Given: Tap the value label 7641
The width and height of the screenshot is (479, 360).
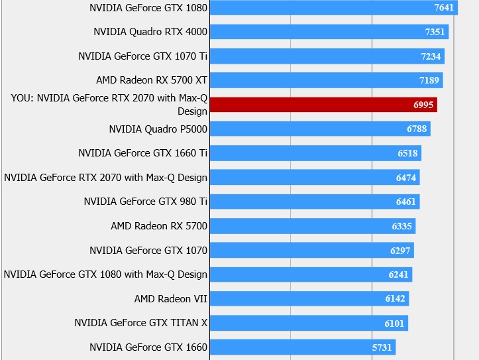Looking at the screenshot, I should click(444, 8).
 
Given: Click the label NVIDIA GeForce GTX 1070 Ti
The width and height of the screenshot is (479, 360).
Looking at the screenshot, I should click(142, 56).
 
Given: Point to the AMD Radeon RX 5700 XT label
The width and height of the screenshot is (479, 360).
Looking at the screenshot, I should click(152, 80).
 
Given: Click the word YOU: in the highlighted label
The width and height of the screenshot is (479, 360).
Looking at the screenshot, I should click(23, 98).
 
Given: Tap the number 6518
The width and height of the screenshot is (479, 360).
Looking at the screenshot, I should click(407, 153).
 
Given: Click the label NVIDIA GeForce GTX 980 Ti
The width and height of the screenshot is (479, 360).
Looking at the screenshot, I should click(146, 202).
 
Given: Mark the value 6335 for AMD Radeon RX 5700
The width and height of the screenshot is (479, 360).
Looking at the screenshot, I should click(401, 226).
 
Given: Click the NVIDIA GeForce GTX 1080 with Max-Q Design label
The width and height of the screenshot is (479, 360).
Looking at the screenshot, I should click(105, 274).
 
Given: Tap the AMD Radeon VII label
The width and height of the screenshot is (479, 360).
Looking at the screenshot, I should click(171, 299).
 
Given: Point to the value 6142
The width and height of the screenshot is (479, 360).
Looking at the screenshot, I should click(395, 299).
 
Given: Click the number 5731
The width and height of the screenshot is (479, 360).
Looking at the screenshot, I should click(382, 347).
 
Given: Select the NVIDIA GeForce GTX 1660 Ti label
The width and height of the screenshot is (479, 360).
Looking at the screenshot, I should click(142, 153).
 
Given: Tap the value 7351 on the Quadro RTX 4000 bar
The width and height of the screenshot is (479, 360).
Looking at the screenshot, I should click(435, 32).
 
